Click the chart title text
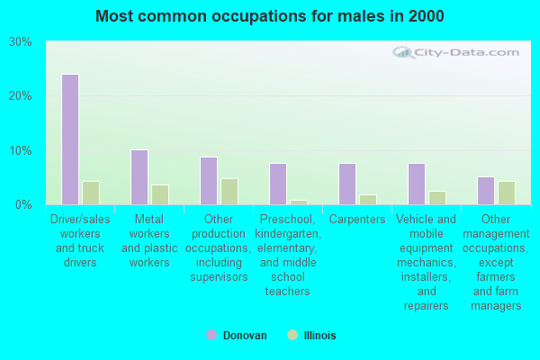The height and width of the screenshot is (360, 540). pos(269,16)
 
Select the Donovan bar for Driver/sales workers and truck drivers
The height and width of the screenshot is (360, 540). pos(69,139)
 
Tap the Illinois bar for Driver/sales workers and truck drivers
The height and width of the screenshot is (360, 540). pos(90,193)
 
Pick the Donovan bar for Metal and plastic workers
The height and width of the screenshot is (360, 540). pos(139,177)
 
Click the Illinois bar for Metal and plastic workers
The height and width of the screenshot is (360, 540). pos(159,194)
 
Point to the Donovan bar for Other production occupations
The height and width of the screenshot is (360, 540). pos(208,181)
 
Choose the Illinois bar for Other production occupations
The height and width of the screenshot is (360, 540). pos(229,191)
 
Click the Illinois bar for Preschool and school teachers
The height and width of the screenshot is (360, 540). pos(298,202)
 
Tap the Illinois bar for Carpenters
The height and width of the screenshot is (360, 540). pos(367,199)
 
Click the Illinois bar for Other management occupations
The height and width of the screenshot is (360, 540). pos(506,193)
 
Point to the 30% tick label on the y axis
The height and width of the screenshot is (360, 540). pos(21,42)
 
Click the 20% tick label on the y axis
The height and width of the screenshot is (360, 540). pos(21,96)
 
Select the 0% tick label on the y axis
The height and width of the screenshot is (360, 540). pos(24,204)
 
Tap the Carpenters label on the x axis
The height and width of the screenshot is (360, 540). pos(357,220)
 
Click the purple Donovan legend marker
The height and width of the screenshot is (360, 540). pos(211,335)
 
